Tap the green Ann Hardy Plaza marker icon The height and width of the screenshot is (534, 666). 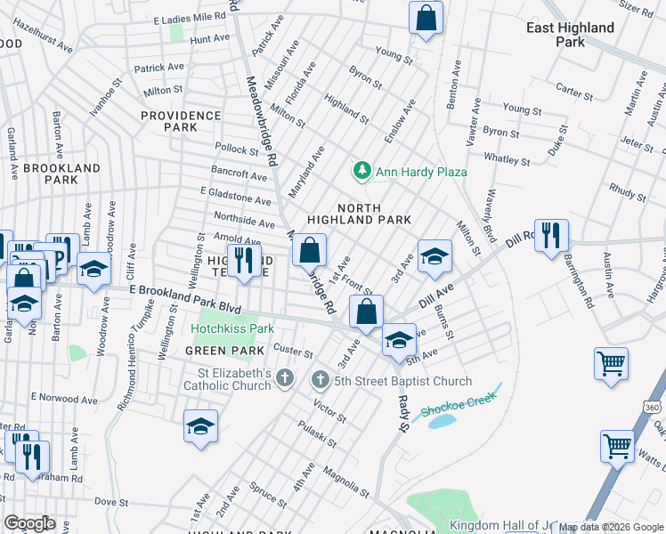coord(362,169)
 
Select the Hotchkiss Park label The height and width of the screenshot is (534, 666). coord(231,328)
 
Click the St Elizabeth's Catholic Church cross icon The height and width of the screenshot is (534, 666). coord(284,378)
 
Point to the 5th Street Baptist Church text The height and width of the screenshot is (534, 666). coord(402,382)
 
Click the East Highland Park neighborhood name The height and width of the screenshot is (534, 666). coord(570,35)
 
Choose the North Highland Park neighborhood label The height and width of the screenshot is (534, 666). coord(359,212)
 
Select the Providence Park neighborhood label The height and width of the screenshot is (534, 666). coord(181,121)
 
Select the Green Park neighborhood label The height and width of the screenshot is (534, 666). coord(213,351)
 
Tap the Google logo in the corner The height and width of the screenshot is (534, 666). coord(29,523)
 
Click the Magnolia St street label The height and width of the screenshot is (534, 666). coord(345,481)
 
